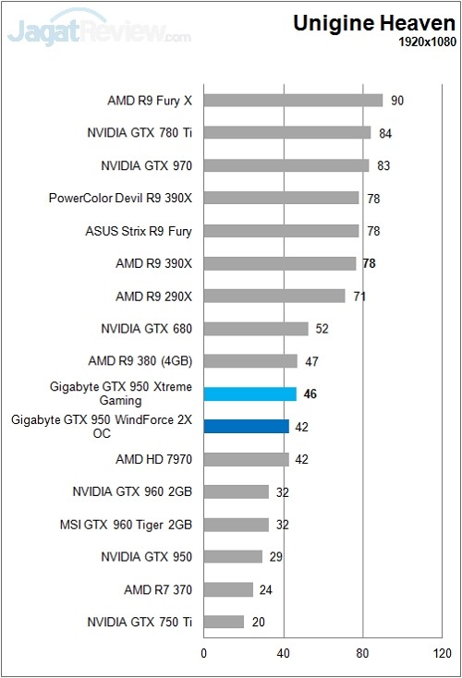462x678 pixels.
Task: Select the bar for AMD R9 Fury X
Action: (293, 100)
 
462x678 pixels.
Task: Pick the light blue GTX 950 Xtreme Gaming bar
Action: (249, 393)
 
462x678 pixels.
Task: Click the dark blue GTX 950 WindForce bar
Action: (246, 426)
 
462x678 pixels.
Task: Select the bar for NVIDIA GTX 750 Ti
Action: (224, 622)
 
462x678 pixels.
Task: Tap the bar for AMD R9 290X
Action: (274, 296)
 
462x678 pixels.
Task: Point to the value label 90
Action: (398, 101)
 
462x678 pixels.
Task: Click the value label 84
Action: (386, 133)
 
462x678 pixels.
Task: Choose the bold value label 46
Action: (310, 393)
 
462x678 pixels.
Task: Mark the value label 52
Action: (323, 329)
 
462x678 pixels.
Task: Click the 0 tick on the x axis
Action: (204, 654)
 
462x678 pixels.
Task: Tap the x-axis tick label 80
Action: (363, 654)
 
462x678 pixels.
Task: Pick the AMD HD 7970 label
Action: (153, 459)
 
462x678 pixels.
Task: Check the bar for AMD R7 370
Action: (228, 589)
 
